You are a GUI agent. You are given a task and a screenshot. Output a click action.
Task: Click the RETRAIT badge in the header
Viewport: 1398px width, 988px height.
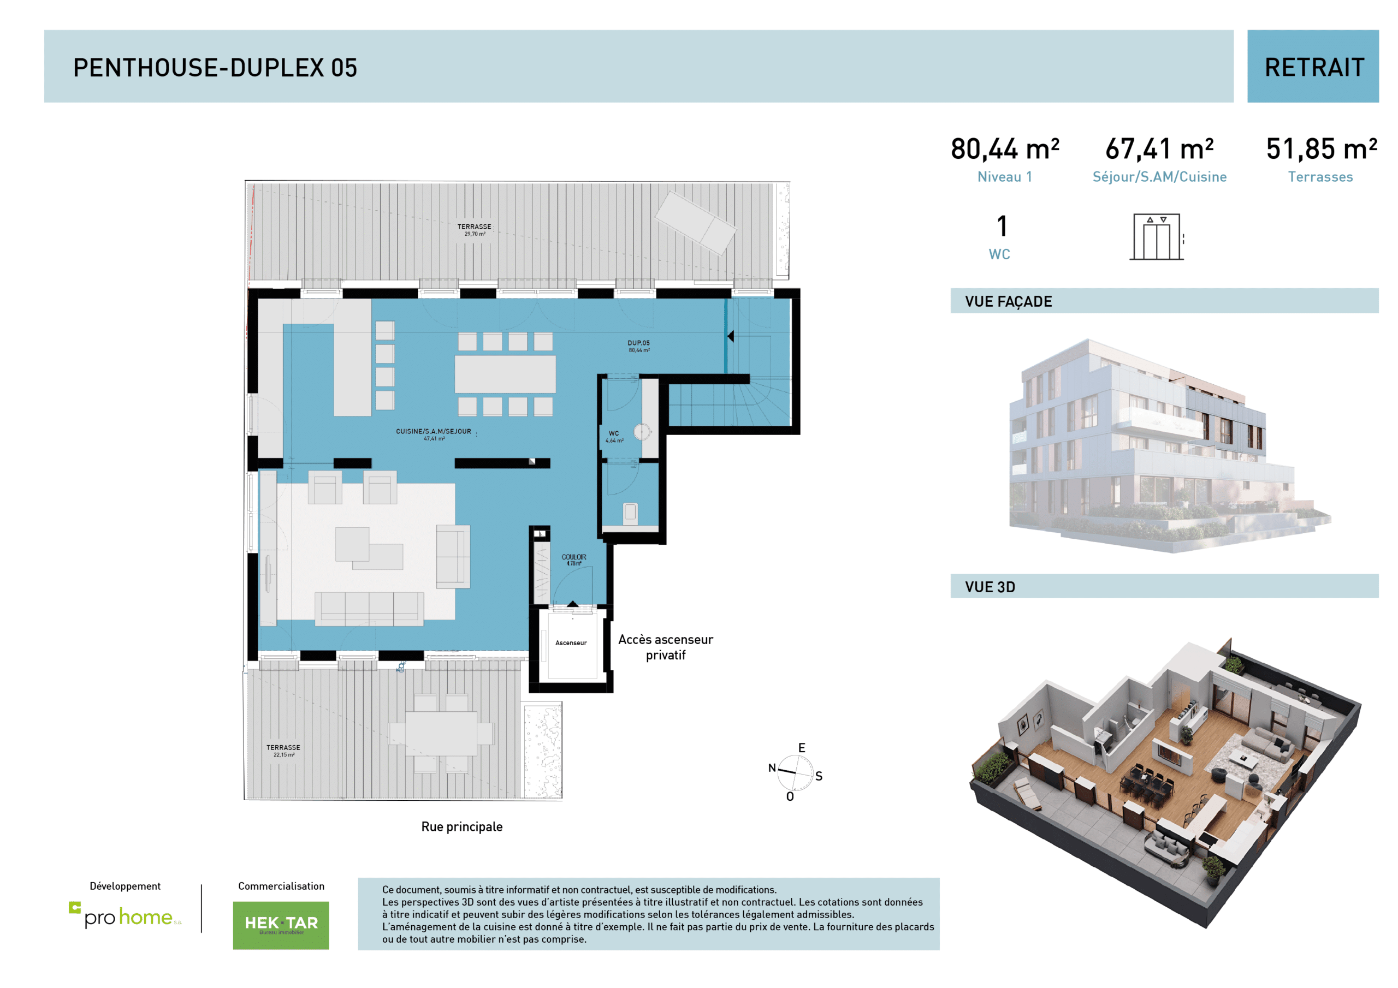point(1313,67)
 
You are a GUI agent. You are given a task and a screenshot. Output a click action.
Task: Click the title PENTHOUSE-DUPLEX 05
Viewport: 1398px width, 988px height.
point(215,68)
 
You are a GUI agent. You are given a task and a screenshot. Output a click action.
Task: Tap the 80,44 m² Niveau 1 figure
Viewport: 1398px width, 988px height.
point(1005,159)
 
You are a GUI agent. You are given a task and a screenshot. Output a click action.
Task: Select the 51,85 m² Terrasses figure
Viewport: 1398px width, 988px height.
point(1320,159)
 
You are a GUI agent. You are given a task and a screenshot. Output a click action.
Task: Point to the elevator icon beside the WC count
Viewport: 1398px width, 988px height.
point(1156,237)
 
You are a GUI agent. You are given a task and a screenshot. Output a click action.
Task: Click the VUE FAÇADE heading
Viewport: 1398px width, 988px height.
point(1008,301)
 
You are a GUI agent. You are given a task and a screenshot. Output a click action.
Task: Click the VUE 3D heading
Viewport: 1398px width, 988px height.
point(990,587)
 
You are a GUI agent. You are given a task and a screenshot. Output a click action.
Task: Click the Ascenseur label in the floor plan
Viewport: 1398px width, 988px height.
point(571,643)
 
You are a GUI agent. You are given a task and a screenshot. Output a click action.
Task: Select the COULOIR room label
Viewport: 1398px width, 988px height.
point(573,560)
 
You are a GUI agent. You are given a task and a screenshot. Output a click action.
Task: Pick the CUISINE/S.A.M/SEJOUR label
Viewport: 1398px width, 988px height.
point(434,434)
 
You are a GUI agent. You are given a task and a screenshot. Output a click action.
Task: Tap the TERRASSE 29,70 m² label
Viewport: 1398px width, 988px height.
point(475,229)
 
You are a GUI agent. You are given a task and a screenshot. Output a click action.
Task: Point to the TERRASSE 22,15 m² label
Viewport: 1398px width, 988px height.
point(283,750)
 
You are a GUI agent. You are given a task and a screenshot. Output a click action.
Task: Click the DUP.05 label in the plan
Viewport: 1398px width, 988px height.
point(639,346)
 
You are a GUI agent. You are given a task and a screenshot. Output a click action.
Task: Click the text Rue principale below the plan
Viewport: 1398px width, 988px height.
point(461,826)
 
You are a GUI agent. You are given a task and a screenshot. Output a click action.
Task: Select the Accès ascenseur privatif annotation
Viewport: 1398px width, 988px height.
point(666,647)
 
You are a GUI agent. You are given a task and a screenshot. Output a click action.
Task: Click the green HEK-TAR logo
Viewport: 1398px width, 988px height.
point(281,925)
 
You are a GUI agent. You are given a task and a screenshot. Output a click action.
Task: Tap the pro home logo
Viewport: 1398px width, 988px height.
point(126,915)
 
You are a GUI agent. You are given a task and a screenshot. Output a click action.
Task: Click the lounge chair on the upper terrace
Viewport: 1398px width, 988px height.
point(695,222)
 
